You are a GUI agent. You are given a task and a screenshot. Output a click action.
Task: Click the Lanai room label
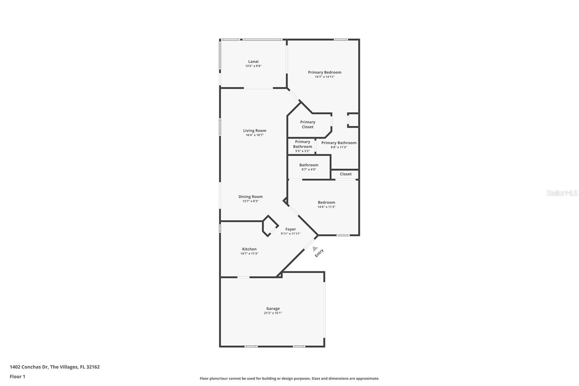253,62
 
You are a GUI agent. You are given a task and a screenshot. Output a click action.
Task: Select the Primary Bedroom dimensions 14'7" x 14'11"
325,77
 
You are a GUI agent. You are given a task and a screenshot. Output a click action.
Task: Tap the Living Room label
254,131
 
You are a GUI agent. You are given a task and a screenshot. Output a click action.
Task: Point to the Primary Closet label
308,125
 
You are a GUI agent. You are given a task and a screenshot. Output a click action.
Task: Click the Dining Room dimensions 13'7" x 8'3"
250,201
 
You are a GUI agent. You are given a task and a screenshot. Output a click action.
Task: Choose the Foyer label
290,229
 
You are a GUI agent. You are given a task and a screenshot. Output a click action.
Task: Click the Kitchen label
249,249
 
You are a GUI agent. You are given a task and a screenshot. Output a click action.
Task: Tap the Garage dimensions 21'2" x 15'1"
272,313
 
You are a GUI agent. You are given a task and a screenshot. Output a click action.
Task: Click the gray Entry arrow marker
314,249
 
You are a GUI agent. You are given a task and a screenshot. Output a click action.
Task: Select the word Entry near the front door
319,253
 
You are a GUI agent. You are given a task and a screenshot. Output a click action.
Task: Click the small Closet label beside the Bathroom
346,174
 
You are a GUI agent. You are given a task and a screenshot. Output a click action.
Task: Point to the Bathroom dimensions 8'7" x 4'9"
309,169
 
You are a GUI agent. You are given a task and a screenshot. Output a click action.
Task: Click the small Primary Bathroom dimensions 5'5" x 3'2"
302,151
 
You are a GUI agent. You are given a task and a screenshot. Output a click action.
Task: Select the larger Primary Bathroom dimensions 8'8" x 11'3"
339,147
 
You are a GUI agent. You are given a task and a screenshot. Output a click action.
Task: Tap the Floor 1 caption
17,377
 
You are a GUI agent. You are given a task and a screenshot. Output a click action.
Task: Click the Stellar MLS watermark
562,193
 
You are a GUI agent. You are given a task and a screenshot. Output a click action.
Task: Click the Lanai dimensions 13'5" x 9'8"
253,66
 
